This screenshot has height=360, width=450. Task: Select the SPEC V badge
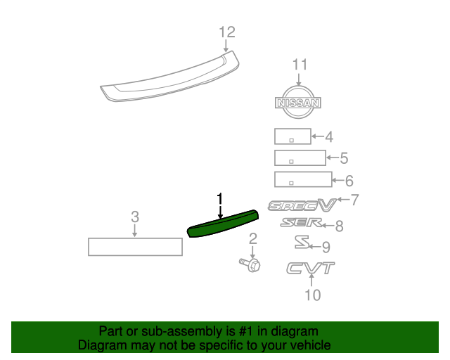[x=302, y=205]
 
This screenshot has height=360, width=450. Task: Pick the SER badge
[x=301, y=223]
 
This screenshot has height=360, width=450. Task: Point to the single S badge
[x=302, y=243]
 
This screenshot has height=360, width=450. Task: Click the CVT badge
[x=310, y=268]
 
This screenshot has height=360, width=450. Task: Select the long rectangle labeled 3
[x=135, y=247]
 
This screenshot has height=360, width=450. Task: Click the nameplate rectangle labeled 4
[x=292, y=136]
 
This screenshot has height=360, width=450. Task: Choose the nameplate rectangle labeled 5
[x=300, y=157]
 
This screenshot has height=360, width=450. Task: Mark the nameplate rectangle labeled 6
[x=303, y=179]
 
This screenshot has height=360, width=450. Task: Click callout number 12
[x=226, y=32]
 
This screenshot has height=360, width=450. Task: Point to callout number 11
[x=300, y=65]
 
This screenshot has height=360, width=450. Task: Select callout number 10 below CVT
[x=313, y=295]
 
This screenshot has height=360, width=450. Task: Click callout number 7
[x=354, y=200]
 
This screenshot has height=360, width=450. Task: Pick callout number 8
[x=339, y=226]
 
